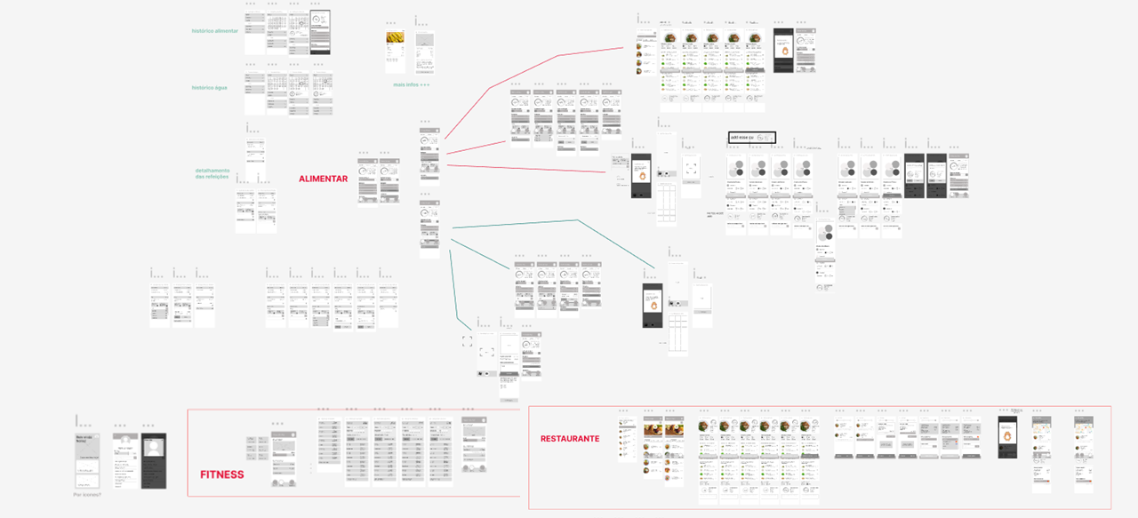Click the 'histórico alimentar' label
click(214, 31)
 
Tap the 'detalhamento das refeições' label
click(212, 173)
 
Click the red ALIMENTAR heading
click(323, 179)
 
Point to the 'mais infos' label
click(411, 85)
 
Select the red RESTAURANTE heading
click(569, 439)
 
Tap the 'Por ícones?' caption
click(87, 493)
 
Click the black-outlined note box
click(751, 138)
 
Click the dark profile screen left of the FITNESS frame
click(154, 460)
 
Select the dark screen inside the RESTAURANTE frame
click(1007, 436)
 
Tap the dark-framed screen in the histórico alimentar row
click(320, 33)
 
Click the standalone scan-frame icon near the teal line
click(467, 340)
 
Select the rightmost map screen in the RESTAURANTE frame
click(1083, 453)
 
